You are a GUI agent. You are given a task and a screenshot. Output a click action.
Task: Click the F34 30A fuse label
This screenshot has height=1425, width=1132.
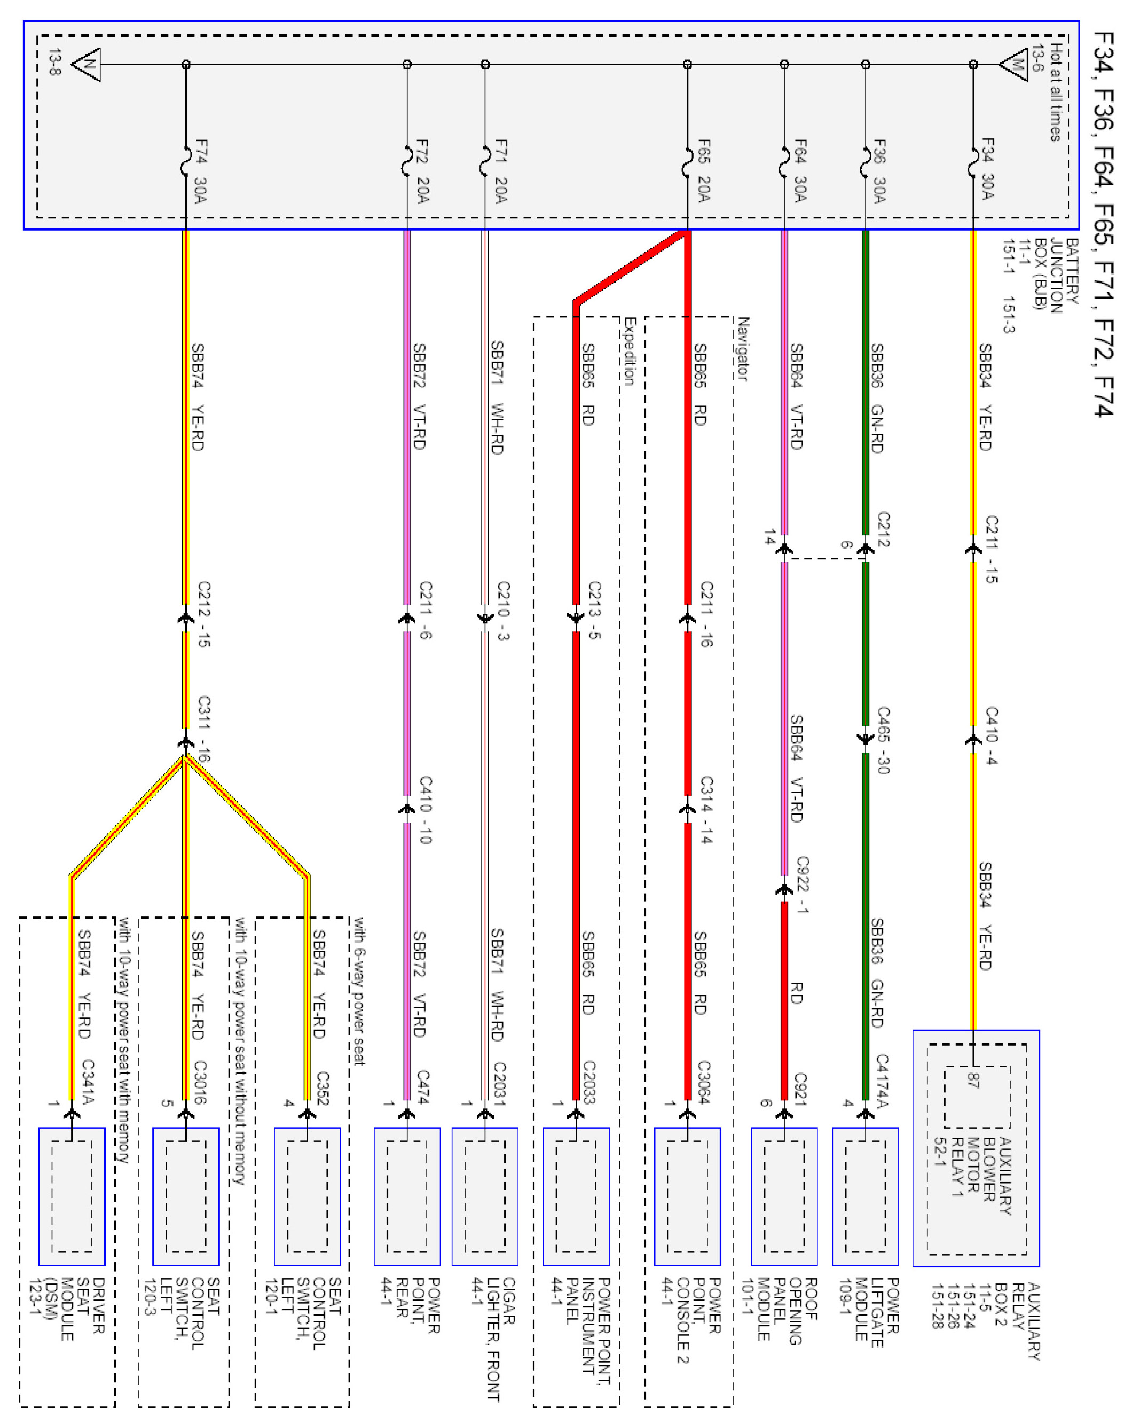point(987,169)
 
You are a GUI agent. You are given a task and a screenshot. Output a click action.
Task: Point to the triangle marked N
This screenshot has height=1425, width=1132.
point(87,65)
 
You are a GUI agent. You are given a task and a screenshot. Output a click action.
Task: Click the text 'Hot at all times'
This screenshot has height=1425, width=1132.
point(1057,92)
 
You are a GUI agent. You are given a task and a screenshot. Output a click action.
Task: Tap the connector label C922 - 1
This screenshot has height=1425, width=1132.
point(802,884)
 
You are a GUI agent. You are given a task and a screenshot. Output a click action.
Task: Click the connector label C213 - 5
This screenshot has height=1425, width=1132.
point(594,609)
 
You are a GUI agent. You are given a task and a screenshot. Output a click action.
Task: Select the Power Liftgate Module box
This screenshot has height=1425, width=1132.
point(865,1196)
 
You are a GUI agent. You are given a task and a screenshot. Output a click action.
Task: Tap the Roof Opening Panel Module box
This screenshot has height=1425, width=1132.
point(784,1196)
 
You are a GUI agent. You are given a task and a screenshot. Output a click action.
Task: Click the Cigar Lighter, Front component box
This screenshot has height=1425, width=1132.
point(484,1196)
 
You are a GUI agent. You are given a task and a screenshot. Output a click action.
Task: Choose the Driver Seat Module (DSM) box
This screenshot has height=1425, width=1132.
point(72,1196)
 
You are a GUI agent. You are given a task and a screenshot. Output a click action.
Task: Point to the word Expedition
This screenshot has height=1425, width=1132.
point(629,351)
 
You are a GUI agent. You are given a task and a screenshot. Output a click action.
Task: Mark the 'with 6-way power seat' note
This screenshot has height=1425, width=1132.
point(359,991)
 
